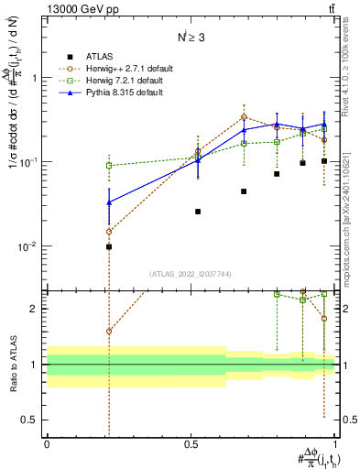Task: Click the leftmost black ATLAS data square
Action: (109, 246)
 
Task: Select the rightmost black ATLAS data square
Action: (324, 161)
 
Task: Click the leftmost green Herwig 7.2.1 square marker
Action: (109, 166)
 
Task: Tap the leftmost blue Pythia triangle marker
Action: (109, 202)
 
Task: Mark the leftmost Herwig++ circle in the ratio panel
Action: (109, 332)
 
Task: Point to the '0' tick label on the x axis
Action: (47, 443)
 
